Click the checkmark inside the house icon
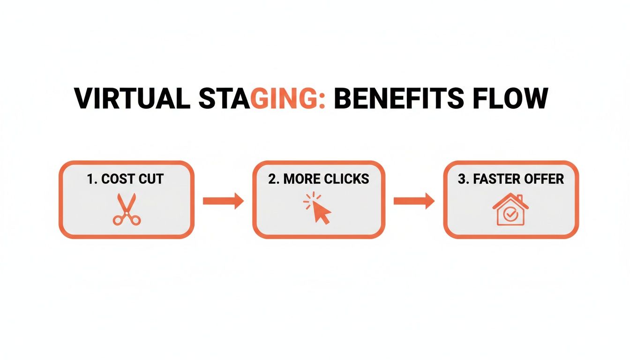(x=510, y=214)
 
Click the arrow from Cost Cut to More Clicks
(x=223, y=201)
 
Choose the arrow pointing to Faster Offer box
(x=413, y=201)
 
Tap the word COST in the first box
(x=117, y=179)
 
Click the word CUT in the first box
(x=150, y=179)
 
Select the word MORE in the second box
(x=301, y=179)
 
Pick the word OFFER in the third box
(x=544, y=179)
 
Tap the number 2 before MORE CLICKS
(x=272, y=179)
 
